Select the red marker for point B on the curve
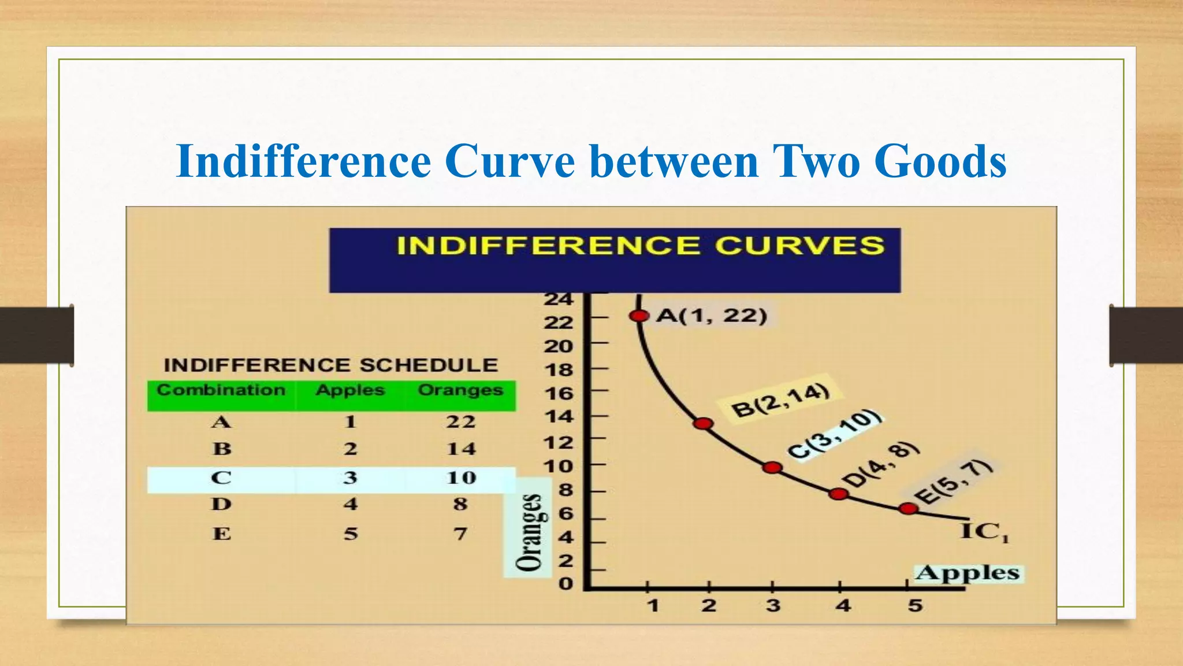coord(703,424)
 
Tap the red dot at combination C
coord(772,468)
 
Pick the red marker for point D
coord(838,494)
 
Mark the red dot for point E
coord(909,509)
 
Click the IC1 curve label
coord(984,531)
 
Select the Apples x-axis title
coord(968,573)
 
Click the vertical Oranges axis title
coord(529,532)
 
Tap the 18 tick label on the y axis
coord(559,370)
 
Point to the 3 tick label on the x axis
coord(773,606)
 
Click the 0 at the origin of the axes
coord(566,584)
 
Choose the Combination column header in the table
coord(221,390)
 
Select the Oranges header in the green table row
coord(460,390)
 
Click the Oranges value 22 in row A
coord(460,421)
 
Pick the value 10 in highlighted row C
coord(461,478)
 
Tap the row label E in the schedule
coord(222,533)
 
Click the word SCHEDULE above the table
coord(429,365)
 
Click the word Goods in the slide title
coord(940,161)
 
